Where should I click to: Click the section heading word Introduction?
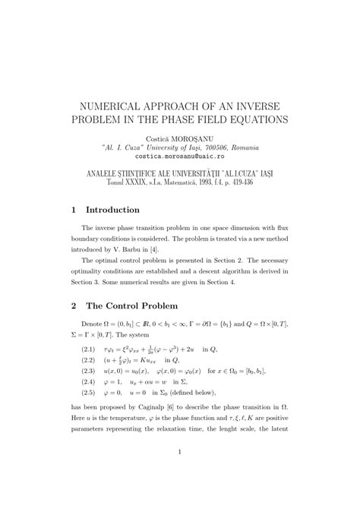[123, 210]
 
